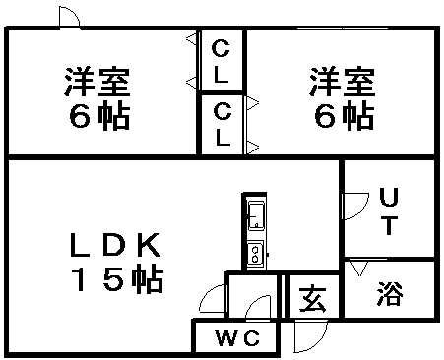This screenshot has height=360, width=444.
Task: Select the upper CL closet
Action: (x=222, y=60)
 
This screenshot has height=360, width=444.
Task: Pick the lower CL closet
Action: (x=222, y=123)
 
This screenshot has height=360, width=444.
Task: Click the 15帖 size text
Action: (x=116, y=280)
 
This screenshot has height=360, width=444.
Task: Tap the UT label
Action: (x=389, y=210)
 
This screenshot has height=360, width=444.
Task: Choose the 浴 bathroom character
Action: (x=389, y=294)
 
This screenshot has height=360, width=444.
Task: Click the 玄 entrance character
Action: (x=313, y=297)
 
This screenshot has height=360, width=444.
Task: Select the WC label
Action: (x=237, y=340)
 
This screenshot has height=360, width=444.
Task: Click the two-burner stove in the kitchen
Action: (x=255, y=253)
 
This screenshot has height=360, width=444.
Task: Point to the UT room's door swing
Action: (x=351, y=207)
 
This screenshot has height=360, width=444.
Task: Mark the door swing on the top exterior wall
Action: (x=69, y=18)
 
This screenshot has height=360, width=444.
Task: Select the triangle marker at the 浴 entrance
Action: (x=359, y=266)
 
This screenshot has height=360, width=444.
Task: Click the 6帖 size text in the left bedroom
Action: (x=98, y=117)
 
